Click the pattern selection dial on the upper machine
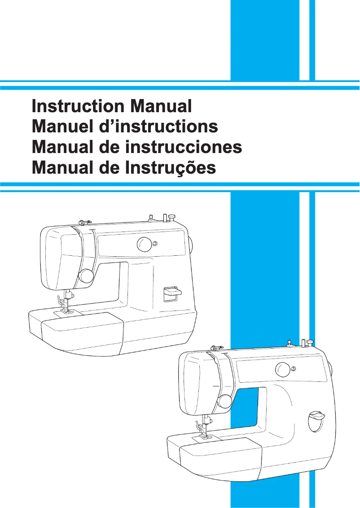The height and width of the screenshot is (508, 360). [x=145, y=245]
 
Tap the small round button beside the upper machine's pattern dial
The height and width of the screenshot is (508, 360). [x=155, y=244]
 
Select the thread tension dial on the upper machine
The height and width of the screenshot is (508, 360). [x=86, y=275]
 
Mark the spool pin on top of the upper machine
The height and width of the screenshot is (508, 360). [x=171, y=217]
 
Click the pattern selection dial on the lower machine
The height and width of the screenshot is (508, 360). [x=282, y=370]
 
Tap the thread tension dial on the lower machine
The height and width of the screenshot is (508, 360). [x=224, y=400]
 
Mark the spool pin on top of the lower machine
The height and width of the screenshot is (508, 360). [x=310, y=343]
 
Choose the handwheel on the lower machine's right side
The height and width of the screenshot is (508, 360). [x=330, y=369]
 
